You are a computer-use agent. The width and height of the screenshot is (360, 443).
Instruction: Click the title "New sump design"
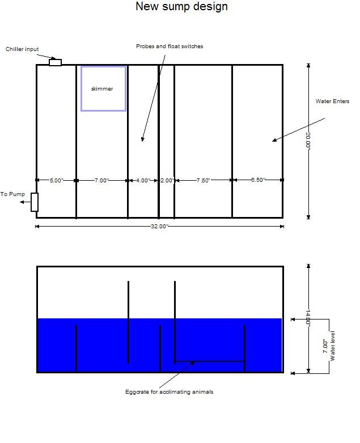pyautogui.click(x=181, y=6)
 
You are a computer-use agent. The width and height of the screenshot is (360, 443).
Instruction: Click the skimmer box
pyautogui.click(x=104, y=89)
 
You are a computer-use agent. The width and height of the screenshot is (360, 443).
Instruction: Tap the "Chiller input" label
pyautogui.click(x=22, y=49)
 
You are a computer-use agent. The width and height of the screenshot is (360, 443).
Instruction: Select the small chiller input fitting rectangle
pyautogui.click(x=55, y=62)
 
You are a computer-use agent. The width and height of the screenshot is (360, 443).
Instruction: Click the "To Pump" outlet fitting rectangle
pyautogui.click(x=35, y=202)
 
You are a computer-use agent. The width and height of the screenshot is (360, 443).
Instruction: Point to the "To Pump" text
pyautogui.click(x=12, y=194)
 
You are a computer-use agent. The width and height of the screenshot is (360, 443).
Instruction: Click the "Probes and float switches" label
pyautogui.click(x=170, y=46)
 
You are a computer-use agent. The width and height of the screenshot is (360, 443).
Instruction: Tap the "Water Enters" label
pyautogui.click(x=333, y=101)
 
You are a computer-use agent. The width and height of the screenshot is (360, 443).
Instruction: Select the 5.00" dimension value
pyautogui.click(x=57, y=180)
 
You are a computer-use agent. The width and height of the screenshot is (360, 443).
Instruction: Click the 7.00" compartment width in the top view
pyautogui.click(x=102, y=180)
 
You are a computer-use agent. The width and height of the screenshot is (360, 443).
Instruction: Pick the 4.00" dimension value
pyautogui.click(x=143, y=180)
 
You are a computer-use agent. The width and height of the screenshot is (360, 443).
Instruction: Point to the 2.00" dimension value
pyautogui.click(x=167, y=180)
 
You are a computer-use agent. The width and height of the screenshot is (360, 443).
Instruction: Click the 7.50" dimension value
pyautogui.click(x=204, y=180)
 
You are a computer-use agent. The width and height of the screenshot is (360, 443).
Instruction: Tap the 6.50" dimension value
pyautogui.click(x=258, y=180)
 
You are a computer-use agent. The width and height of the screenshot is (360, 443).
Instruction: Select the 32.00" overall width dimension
pyautogui.click(x=159, y=226)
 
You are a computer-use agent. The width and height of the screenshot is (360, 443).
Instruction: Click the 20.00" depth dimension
pyautogui.click(x=308, y=140)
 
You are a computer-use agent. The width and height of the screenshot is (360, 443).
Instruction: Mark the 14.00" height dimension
pyautogui.click(x=308, y=318)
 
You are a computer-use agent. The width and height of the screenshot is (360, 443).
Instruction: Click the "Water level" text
pyautogui.click(x=333, y=346)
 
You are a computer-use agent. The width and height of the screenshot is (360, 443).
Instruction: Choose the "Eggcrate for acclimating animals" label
pyautogui.click(x=169, y=392)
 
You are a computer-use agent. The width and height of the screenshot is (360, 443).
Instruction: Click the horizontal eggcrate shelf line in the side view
pyautogui.click(x=210, y=361)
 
